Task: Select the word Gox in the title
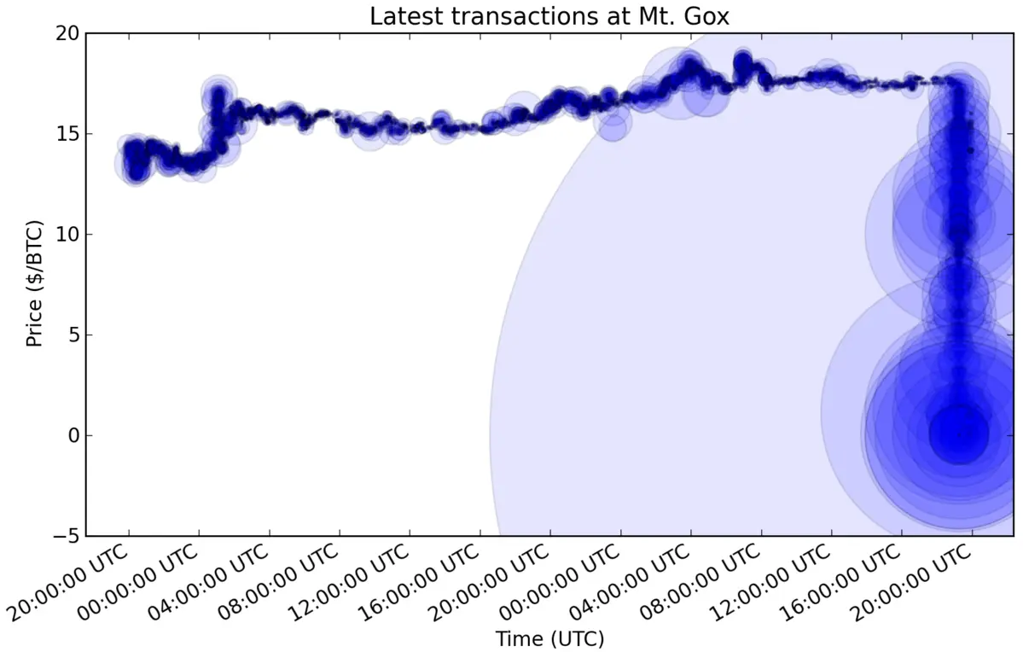[x=707, y=16]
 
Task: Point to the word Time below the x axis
[x=521, y=638]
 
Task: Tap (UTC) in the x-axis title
[x=578, y=638]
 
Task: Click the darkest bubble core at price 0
[x=959, y=433]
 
